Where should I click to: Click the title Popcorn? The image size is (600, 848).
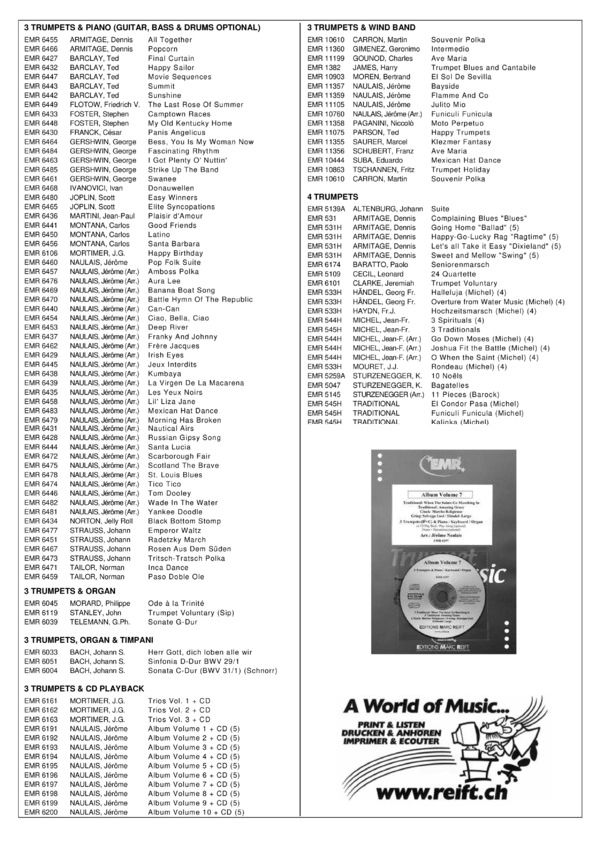pyautogui.click(x=162, y=48)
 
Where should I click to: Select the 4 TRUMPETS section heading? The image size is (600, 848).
pyautogui.click(x=336, y=198)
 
